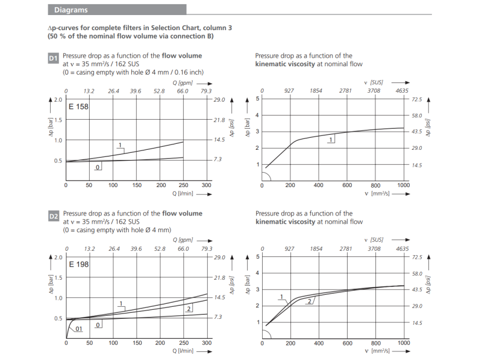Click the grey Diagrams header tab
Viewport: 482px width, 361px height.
[x=71, y=10]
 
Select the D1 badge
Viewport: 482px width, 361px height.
[x=53, y=58]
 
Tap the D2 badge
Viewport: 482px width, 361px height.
[x=53, y=216]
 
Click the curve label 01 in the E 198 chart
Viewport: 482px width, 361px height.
[x=78, y=329]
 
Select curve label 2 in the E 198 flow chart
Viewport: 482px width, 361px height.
[x=189, y=309]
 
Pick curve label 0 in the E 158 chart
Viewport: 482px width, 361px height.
[x=97, y=167]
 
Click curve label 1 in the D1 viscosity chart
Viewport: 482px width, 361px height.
[x=331, y=140]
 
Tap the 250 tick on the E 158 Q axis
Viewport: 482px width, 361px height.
[x=183, y=185]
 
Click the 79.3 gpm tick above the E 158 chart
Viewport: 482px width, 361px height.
[x=206, y=91]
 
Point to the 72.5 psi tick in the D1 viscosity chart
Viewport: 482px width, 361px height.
[x=417, y=99]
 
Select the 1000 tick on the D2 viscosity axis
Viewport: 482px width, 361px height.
[x=403, y=343]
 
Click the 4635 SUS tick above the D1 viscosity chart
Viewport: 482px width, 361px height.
[x=402, y=91]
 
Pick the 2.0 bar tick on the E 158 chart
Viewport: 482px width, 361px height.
[x=58, y=100]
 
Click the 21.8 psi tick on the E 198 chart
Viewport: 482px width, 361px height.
[x=219, y=277]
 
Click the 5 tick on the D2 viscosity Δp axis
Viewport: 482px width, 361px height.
[x=258, y=257]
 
